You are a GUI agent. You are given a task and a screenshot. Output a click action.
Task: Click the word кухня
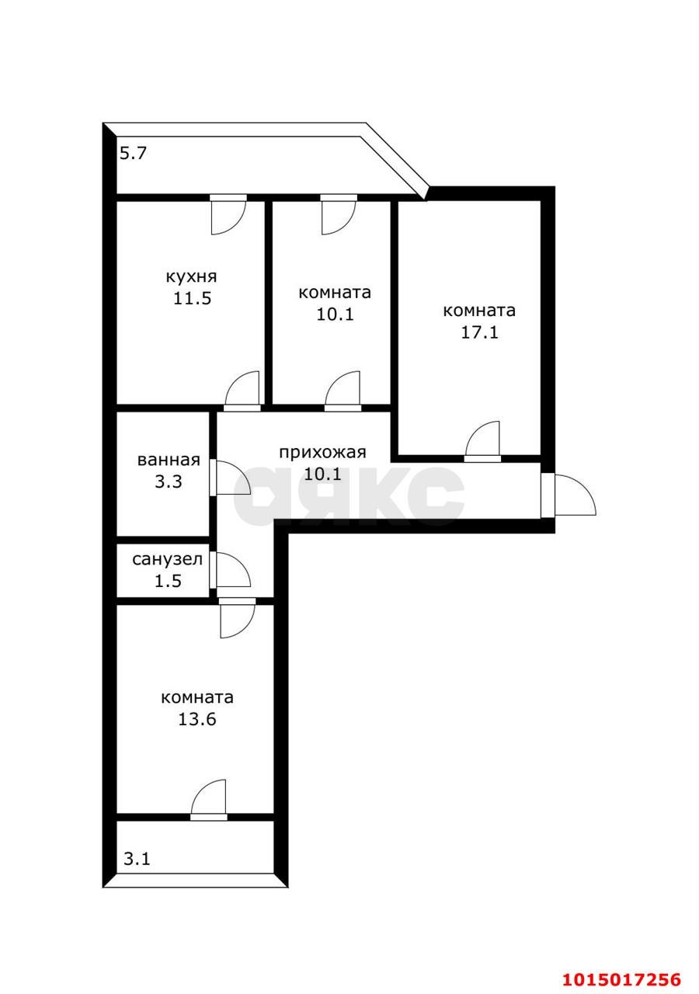(191, 276)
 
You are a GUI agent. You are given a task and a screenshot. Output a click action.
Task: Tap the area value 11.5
(192, 299)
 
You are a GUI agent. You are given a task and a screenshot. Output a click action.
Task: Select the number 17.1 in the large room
(478, 332)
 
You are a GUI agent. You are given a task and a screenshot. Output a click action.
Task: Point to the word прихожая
(322, 453)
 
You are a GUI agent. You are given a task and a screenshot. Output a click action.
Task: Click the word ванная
(169, 460)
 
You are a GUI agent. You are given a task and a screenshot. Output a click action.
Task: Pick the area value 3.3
(168, 481)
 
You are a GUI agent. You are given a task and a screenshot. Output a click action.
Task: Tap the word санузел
(168, 559)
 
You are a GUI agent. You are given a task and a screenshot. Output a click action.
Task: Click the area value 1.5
(168, 580)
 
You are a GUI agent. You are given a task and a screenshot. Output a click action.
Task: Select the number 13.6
(196, 719)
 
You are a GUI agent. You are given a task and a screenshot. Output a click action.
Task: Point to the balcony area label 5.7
(133, 154)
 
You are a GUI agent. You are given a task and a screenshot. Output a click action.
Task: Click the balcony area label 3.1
(137, 859)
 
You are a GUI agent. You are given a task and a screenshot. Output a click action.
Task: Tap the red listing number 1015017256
(624, 978)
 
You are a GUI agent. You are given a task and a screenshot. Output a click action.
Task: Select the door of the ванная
(230, 478)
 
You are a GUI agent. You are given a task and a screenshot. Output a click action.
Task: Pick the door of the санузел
(231, 571)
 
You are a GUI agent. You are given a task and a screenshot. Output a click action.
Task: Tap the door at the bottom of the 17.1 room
(483, 441)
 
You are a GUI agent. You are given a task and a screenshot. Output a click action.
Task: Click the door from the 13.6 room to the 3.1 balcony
(209, 798)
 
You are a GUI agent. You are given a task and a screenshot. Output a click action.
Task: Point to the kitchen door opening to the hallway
(242, 391)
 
